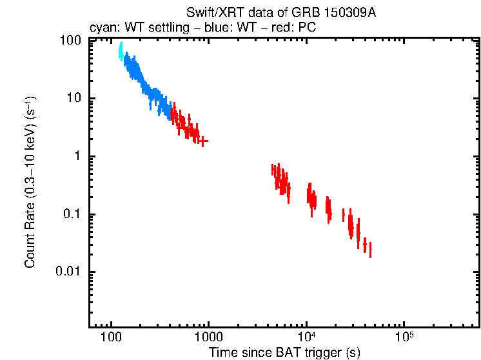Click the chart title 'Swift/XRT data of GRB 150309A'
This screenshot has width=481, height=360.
pos(280,13)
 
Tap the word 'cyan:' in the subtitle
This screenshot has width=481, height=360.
pos(103,29)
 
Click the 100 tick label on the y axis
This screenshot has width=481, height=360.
pos(70,41)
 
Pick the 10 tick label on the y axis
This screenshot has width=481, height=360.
pos(74,99)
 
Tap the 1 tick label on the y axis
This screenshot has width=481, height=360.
pos(77,157)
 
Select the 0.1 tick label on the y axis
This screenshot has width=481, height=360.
pos(72,215)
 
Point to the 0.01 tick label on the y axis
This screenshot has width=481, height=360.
pos(69,272)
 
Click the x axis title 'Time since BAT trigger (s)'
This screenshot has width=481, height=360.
pos(284,352)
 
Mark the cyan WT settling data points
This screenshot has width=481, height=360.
pos(121,52)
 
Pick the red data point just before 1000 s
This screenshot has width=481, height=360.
pos(203,140)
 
